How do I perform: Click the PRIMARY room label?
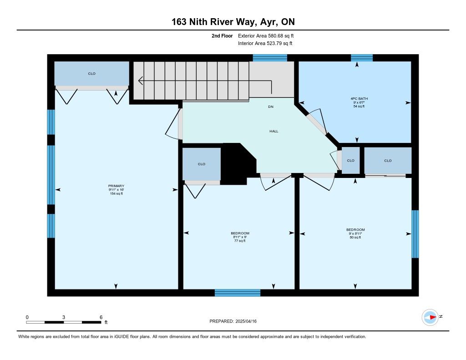pos(116,186)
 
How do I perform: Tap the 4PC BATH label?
pos(359,99)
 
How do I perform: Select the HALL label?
pos(274,131)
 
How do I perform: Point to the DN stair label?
pos(270,106)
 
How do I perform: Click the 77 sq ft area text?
pos(240,241)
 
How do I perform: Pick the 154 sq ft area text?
pos(116,193)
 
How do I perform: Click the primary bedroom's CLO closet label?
pos(91,73)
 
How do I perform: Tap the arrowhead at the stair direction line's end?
pos(140,81)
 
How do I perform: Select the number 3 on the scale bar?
pos(64,317)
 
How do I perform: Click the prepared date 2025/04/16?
pos(246,321)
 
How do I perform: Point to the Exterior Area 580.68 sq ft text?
pos(266,35)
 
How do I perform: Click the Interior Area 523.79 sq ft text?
pos(265,43)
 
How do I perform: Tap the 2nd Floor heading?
pos(222,35)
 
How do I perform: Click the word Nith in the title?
pos(198,22)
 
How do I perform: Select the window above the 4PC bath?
pos(362,58)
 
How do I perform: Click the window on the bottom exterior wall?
pos(238,293)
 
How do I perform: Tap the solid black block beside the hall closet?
pos(238,163)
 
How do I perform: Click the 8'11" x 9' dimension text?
pos(240,237)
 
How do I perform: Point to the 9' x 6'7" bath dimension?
pos(359,102)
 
